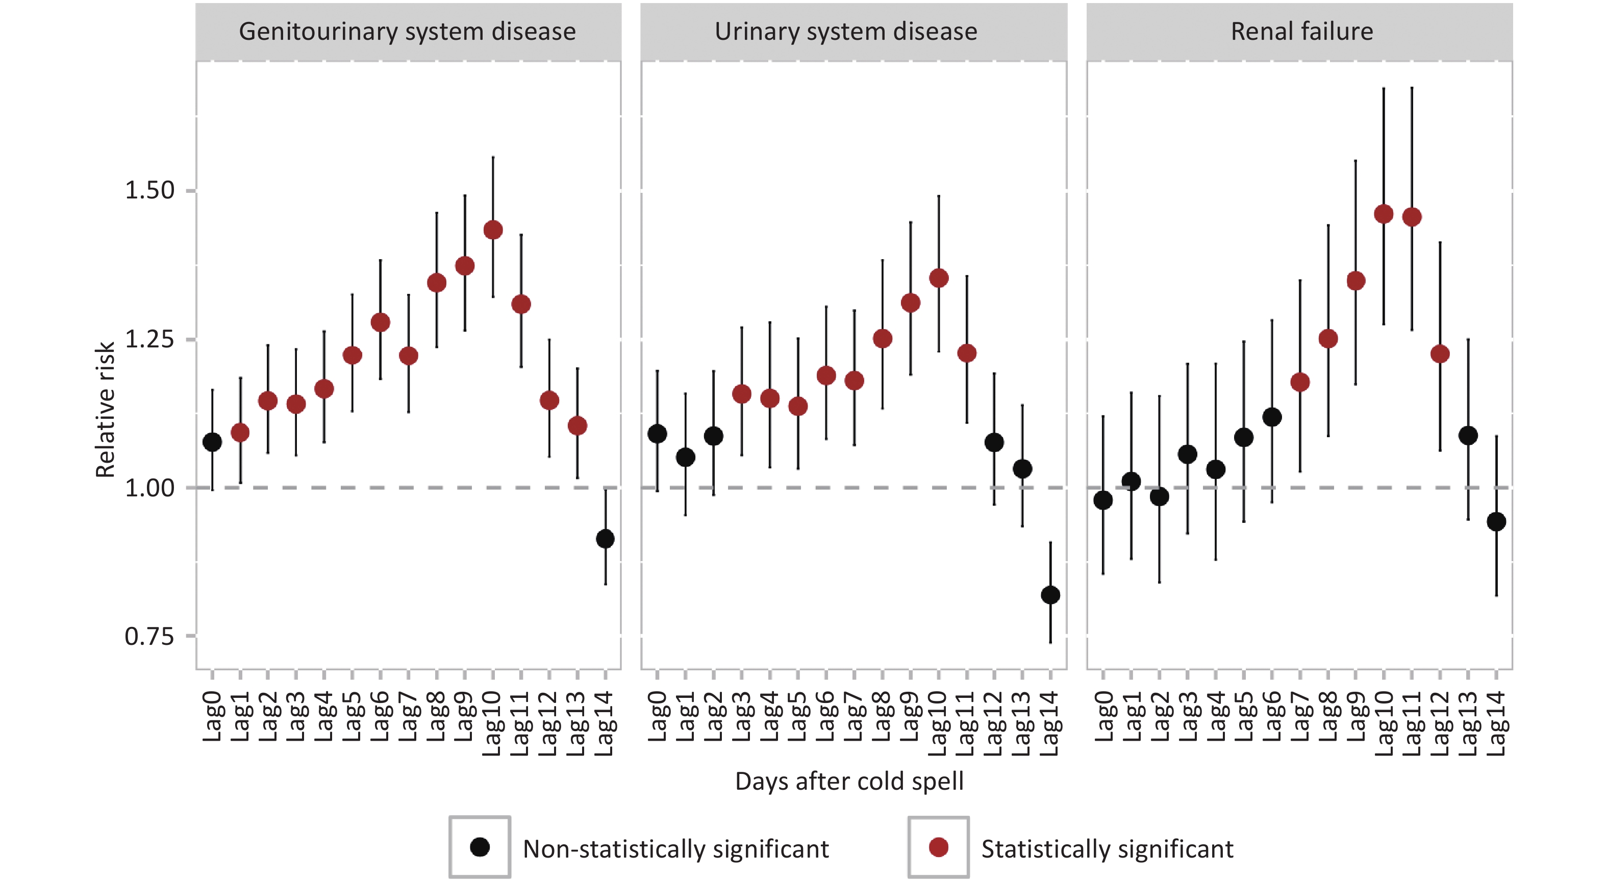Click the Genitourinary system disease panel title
408,32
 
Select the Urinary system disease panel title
846,32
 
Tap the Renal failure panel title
1302,32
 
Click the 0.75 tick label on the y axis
149,637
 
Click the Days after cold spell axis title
849,782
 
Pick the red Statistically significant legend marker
938,847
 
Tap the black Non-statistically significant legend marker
480,847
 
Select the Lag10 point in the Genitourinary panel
493,230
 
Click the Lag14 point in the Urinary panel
1050,595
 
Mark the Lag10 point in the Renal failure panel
1384,214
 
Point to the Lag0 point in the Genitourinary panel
212,442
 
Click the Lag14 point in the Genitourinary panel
605,539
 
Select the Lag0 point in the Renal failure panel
1103,500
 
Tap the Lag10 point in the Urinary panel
939,278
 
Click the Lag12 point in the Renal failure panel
1440,354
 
